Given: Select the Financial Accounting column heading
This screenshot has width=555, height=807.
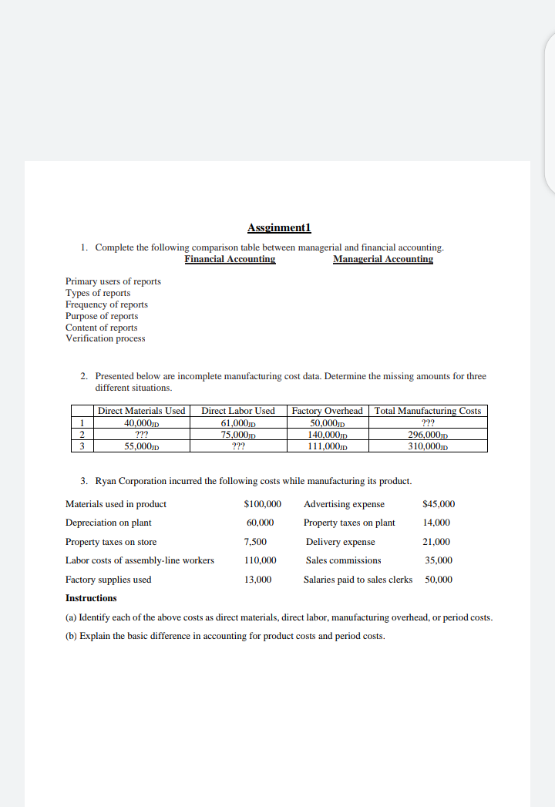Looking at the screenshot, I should (x=230, y=259).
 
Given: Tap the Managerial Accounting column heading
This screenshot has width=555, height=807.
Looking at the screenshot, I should (x=382, y=259).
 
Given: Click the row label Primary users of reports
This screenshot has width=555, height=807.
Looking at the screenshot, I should (x=113, y=281).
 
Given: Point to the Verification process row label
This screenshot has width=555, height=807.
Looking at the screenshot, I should (x=105, y=338).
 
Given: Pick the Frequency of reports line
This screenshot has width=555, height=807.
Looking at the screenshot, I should (x=106, y=304).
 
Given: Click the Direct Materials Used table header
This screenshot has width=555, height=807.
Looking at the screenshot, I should (x=141, y=411).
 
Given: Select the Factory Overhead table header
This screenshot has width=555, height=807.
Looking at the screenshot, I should (x=328, y=411).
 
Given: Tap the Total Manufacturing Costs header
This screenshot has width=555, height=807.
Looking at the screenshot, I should (x=428, y=411).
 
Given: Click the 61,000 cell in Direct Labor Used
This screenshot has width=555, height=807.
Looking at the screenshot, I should (x=237, y=422).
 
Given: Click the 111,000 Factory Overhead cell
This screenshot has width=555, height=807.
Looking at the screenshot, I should (x=328, y=446).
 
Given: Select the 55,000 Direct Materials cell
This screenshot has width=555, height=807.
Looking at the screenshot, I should (x=141, y=446).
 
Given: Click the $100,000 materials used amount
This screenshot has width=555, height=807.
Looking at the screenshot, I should (x=262, y=504).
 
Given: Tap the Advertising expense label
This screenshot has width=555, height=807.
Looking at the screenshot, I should (x=344, y=504).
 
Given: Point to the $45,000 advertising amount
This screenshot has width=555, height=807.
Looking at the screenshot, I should (x=439, y=504).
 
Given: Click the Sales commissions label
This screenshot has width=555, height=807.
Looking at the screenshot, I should (x=343, y=560).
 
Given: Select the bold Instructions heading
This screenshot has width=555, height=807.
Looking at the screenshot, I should (x=91, y=598).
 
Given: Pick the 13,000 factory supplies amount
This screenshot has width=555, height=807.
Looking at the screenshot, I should (x=258, y=580).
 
